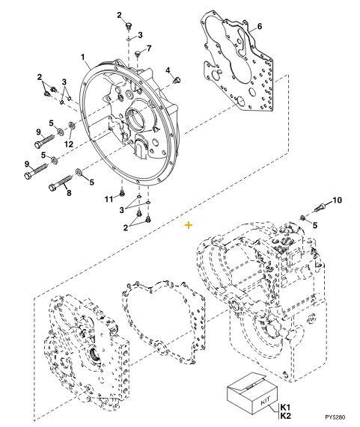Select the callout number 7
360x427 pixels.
(x=148, y=49)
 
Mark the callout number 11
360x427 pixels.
(x=108, y=197)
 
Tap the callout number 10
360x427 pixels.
(x=336, y=200)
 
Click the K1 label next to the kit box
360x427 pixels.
(x=285, y=406)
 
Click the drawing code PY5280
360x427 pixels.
(x=335, y=420)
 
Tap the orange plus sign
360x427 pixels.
(x=189, y=224)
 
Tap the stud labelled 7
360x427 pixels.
(x=139, y=56)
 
